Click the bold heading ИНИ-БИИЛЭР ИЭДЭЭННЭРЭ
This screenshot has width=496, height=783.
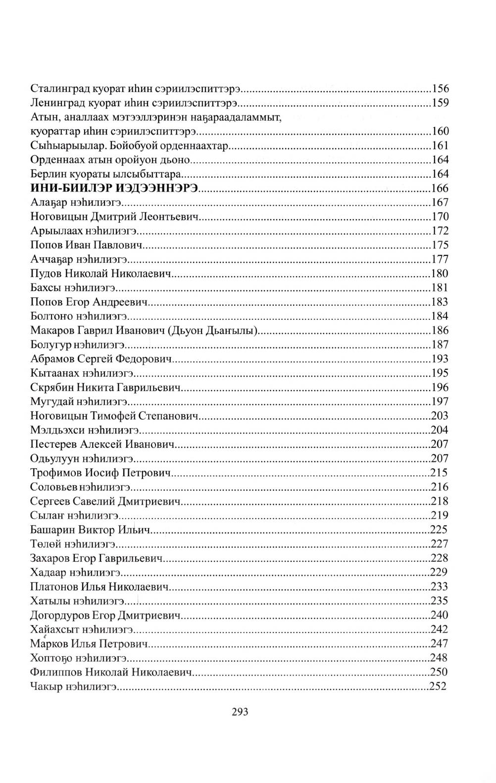[114, 188]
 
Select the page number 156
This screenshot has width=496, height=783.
[440, 89]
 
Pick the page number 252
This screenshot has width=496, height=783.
[438, 686]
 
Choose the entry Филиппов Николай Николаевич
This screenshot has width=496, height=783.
[111, 672]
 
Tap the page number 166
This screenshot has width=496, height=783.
[440, 188]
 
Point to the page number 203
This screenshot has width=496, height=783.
[440, 415]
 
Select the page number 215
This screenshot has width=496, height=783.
[440, 472]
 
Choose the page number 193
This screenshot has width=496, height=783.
[440, 359]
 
